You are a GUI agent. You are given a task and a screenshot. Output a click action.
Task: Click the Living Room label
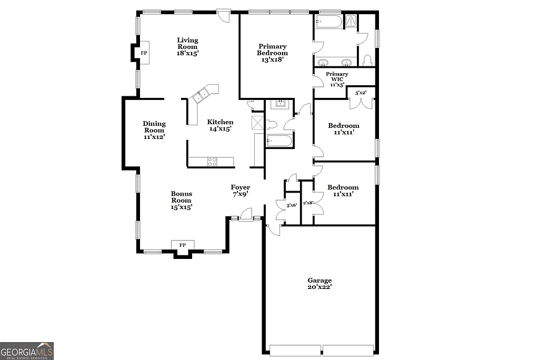tap(187, 46)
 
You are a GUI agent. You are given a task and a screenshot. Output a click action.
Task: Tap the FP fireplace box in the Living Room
tap(144, 53)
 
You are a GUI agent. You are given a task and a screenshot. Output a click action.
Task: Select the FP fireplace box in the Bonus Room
tap(183, 245)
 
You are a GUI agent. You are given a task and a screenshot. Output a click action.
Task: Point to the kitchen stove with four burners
tap(212, 162)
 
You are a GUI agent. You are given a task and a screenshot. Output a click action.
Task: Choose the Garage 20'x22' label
tap(320, 284)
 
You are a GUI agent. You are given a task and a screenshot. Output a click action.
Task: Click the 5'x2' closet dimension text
tap(361, 93)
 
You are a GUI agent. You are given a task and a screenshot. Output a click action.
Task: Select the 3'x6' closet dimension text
tap(292, 205)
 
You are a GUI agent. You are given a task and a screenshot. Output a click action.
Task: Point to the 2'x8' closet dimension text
tap(308, 203)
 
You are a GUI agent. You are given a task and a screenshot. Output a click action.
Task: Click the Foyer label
tap(240, 190)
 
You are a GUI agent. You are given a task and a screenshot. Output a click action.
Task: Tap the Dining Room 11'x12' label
tap(154, 130)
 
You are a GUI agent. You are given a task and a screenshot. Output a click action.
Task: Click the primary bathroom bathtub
tap(328, 22)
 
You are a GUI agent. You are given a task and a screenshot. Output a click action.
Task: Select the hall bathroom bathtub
tap(280, 141)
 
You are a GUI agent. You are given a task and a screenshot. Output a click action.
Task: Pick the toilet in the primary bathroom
tap(367, 59)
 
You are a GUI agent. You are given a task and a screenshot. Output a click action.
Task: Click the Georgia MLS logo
tap(27, 351)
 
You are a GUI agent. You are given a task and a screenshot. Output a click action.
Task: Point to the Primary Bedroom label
tap(272, 53)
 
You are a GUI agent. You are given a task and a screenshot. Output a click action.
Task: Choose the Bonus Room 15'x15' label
tap(181, 200)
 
